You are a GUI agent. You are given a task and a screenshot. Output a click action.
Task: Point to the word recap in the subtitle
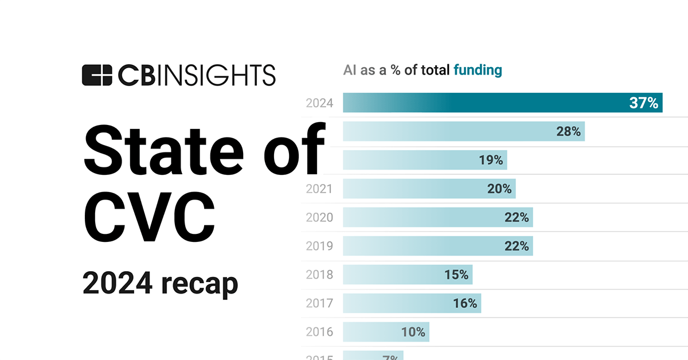point(199,284)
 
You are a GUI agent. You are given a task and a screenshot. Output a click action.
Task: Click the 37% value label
point(643,103)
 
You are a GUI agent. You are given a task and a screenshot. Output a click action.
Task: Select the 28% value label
point(568,131)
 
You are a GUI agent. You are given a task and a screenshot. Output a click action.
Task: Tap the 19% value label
point(491,160)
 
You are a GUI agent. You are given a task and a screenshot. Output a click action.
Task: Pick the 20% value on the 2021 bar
point(499,189)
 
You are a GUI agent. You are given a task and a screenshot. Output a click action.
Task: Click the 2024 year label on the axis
point(319,103)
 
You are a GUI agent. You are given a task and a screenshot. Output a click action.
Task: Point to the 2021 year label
point(319,189)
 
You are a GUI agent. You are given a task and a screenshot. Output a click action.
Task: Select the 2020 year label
point(319,217)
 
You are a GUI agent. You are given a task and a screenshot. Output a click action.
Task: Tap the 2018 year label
point(319,275)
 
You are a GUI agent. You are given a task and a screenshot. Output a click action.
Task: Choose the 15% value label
point(456,275)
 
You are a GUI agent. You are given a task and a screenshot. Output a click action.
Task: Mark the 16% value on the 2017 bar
point(465,303)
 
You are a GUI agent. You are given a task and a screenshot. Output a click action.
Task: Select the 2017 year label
point(319,303)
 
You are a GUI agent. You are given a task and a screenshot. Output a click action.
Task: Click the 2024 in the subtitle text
point(116,284)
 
